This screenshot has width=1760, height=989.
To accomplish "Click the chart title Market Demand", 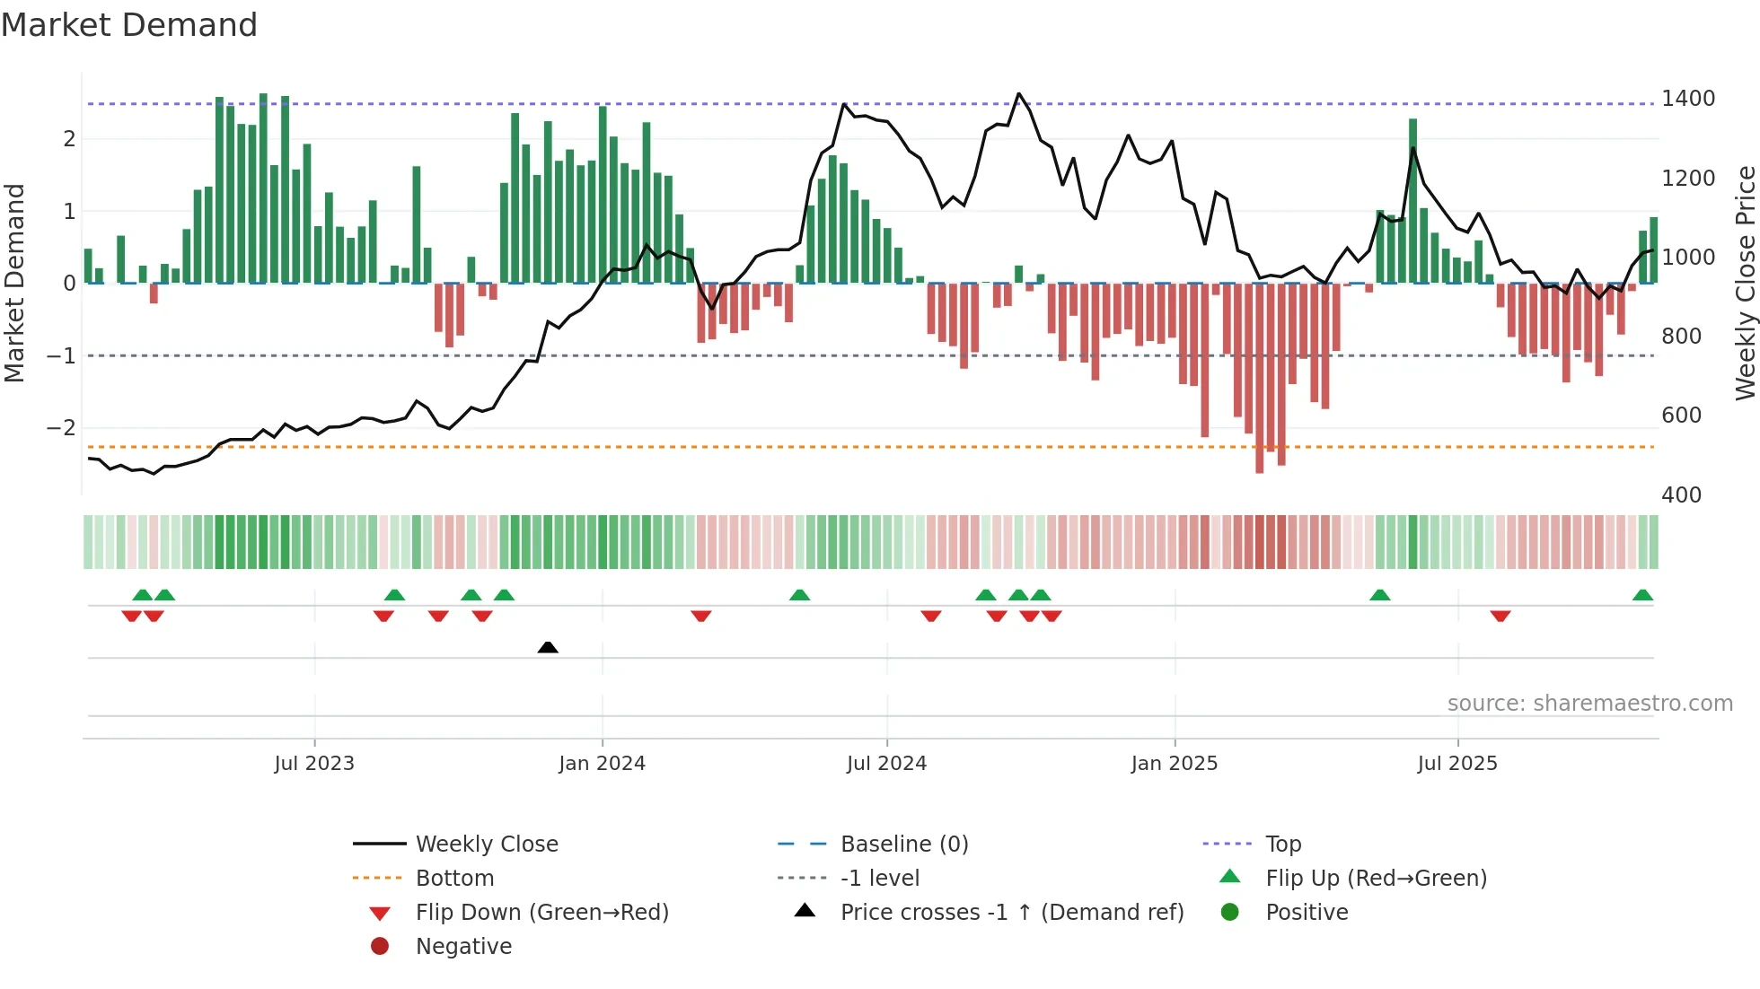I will click(x=129, y=25).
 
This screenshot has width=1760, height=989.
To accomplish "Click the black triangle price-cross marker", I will click(x=548, y=647).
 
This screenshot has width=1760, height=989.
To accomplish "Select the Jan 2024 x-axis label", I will click(x=602, y=764).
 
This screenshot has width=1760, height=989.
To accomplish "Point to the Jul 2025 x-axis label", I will click(x=1457, y=764).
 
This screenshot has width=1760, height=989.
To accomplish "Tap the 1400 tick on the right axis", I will click(x=1688, y=99).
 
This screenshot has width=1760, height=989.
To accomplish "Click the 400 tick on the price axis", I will click(x=1681, y=495).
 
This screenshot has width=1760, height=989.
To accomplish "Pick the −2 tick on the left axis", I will click(x=61, y=428).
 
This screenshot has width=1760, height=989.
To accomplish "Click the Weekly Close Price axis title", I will click(x=1745, y=283).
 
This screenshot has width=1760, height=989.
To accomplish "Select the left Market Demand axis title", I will click(x=15, y=283).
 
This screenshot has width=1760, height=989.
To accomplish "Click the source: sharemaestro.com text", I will click(x=1589, y=704).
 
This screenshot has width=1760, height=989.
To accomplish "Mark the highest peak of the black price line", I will click(x=1018, y=93).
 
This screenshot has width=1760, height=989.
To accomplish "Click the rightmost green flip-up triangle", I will click(x=1642, y=595).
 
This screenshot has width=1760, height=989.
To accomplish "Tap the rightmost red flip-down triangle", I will click(x=1500, y=616).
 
